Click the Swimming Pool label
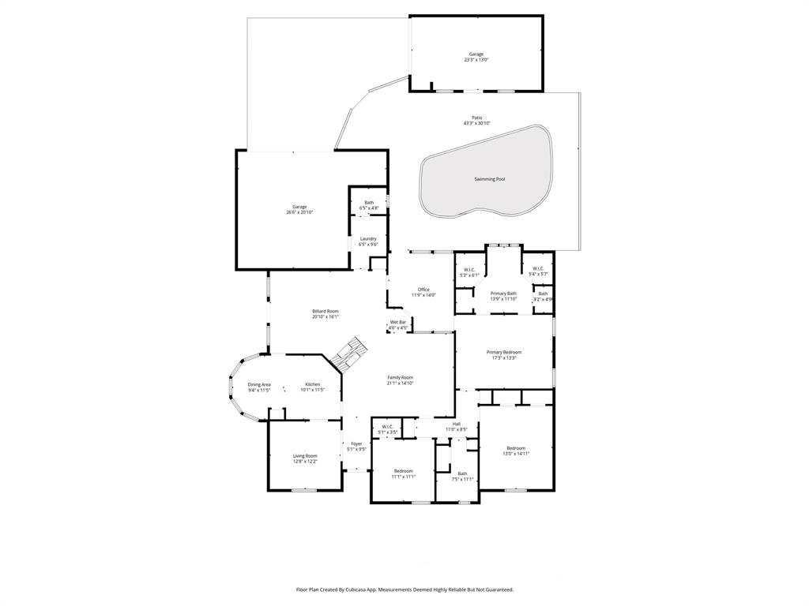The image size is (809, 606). (x=489, y=179)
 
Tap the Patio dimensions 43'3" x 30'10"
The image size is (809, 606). (x=476, y=123)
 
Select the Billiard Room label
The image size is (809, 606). (x=325, y=312)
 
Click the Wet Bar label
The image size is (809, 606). (x=397, y=322)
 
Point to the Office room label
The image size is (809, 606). (x=423, y=290)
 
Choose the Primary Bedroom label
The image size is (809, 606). (x=503, y=352)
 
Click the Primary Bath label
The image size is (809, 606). (x=503, y=293)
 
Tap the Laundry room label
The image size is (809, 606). (x=368, y=238)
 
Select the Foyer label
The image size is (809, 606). (x=357, y=443)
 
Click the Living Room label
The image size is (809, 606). (x=305, y=455)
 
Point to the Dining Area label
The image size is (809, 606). (x=259, y=384)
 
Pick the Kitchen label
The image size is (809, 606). (x=313, y=384)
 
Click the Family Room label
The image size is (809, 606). (x=400, y=377)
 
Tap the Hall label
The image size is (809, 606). (x=456, y=424)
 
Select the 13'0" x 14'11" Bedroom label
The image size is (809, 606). (x=516, y=447)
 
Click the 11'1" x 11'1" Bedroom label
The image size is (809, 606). (x=404, y=470)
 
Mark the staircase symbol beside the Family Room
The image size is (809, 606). (x=348, y=353)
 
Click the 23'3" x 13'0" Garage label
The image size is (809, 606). (x=476, y=54)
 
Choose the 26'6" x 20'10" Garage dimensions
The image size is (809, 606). (x=299, y=212)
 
